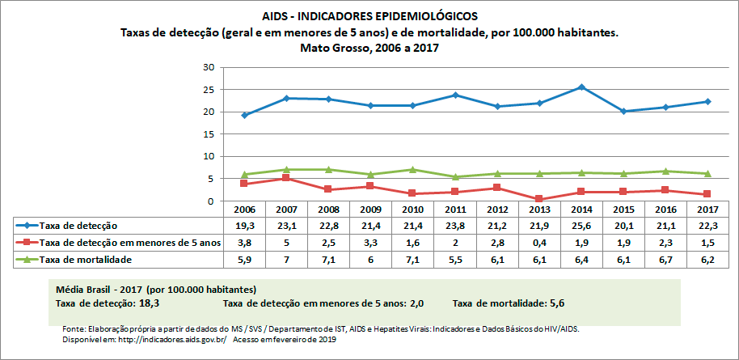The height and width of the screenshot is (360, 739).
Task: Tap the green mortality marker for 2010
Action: tap(413, 170)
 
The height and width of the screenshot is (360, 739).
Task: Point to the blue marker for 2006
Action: tap(245, 115)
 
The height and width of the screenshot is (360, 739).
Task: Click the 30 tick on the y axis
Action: tap(209, 67)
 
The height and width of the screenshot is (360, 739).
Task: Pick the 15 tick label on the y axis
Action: tap(209, 134)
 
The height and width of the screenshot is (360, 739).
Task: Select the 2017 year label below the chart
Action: tap(707, 209)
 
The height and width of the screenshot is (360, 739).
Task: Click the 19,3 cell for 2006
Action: tap(245, 225)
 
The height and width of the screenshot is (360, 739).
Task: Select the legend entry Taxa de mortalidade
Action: tap(87, 260)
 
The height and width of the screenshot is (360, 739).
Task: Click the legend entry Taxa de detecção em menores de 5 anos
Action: tap(129, 243)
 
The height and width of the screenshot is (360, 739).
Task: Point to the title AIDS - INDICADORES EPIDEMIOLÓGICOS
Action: tap(369, 15)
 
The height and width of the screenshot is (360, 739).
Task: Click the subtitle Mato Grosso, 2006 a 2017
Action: tap(369, 48)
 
